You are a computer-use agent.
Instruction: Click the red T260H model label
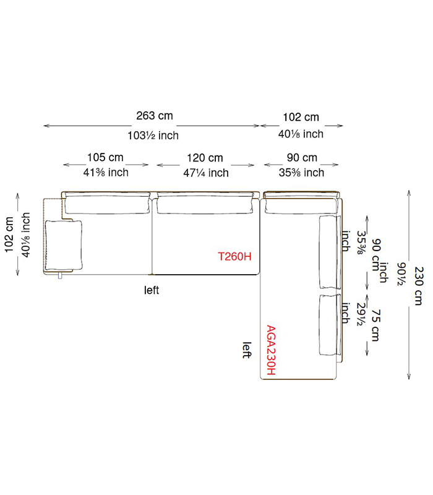coord(234,256)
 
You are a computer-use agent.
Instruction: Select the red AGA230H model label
coord(271,350)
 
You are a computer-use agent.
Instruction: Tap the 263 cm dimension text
coord(155,116)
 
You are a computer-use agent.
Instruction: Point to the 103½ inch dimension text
coord(153,136)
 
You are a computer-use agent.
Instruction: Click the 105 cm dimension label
coord(105,157)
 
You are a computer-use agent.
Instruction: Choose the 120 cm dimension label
coord(205,158)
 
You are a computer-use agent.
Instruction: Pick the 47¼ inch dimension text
coord(206,173)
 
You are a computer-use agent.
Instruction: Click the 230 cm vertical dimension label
coord(419,286)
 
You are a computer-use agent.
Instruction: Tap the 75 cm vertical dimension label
coord(375,325)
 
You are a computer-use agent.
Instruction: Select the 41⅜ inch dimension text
coord(106,173)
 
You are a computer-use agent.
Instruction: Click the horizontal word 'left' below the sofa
coord(152,290)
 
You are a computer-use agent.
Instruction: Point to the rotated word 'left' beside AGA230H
coord(247,350)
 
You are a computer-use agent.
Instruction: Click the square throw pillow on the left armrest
coord(64,245)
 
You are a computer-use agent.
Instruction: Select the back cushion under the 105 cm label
coord(107,205)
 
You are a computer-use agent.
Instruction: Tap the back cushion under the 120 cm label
coord(205,205)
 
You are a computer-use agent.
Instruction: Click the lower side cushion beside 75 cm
coord(330,325)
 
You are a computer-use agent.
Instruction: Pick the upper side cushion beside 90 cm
coord(330,252)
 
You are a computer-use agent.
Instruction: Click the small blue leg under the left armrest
coord(60,276)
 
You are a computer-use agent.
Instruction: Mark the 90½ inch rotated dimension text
coord(401,273)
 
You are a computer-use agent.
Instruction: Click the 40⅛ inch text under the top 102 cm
coord(301,134)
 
